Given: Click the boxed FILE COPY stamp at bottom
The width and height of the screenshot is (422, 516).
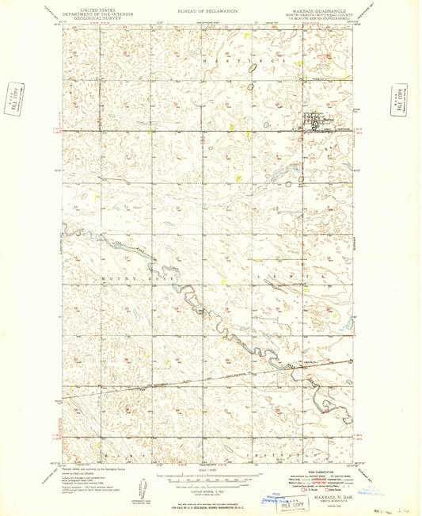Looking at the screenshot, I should point(299,499).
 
